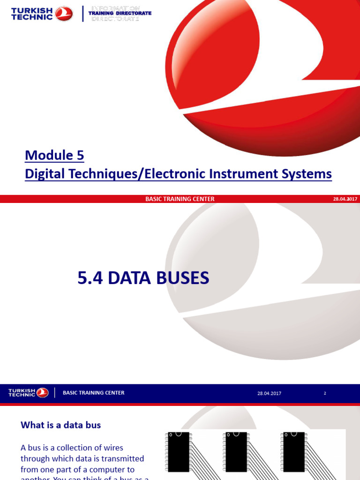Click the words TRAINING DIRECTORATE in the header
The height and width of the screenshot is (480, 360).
pos(120,14)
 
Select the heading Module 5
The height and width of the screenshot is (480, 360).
pos(54,155)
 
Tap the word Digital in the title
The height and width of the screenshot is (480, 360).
pos(46,174)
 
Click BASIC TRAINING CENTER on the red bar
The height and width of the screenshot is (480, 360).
pos(180,199)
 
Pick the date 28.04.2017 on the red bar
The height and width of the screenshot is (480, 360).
pos(345,199)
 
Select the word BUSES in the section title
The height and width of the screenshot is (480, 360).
pos(180,278)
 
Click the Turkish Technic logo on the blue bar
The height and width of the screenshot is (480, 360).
pos(28,393)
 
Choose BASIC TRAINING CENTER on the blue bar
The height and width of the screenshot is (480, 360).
pos(94,393)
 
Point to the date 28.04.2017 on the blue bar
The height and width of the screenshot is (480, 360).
pos(269,393)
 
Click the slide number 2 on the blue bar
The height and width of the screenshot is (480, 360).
pos(325,393)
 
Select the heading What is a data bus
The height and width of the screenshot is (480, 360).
pos(60,425)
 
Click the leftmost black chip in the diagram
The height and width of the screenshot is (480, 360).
pos(178,452)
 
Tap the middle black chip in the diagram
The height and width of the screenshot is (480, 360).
pos(236,452)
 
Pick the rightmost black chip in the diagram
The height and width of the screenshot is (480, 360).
pos(293,452)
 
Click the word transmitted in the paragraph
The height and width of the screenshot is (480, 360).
pos(121,458)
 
